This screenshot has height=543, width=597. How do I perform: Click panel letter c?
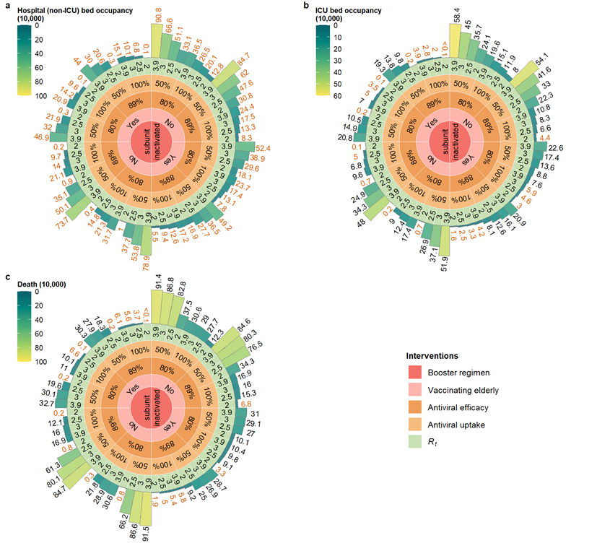(x=7, y=277)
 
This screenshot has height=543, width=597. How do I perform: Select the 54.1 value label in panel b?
(x=539, y=56)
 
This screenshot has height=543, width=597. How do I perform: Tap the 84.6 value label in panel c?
(x=243, y=321)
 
